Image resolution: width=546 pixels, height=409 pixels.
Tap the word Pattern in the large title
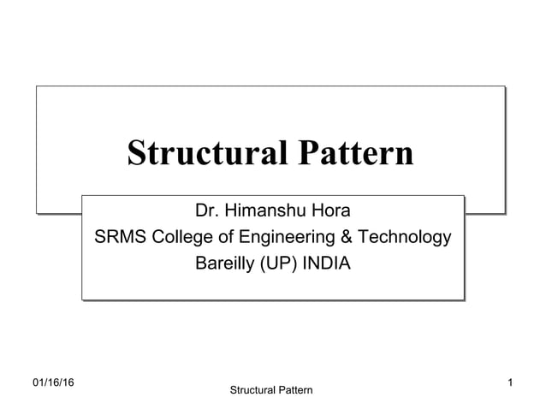point(354,153)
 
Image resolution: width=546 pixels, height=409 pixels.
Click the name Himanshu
point(266,210)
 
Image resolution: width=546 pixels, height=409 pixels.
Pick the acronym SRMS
point(122,237)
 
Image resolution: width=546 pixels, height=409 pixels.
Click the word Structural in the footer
point(253,391)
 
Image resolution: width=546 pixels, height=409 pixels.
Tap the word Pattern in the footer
point(294,391)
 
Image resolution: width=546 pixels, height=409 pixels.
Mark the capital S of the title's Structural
point(136,153)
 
